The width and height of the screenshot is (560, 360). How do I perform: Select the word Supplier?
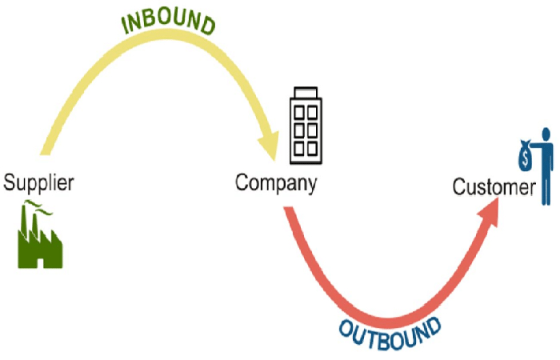(x=38, y=183)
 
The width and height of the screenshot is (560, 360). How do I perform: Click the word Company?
(x=276, y=183)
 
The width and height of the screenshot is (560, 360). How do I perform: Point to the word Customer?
(x=494, y=187)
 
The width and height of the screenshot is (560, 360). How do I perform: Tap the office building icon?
(x=306, y=126)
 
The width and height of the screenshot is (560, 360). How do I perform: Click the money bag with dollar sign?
(x=525, y=156)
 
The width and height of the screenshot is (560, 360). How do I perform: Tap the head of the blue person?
(x=546, y=134)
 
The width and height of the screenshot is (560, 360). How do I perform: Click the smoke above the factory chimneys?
(x=37, y=208)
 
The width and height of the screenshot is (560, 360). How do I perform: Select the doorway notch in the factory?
(x=40, y=263)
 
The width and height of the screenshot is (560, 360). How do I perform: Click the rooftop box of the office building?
(x=306, y=92)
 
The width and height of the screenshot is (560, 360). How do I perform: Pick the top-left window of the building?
(x=299, y=113)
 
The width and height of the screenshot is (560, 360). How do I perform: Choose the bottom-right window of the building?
(x=313, y=148)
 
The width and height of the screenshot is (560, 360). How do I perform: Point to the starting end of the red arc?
(x=289, y=208)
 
